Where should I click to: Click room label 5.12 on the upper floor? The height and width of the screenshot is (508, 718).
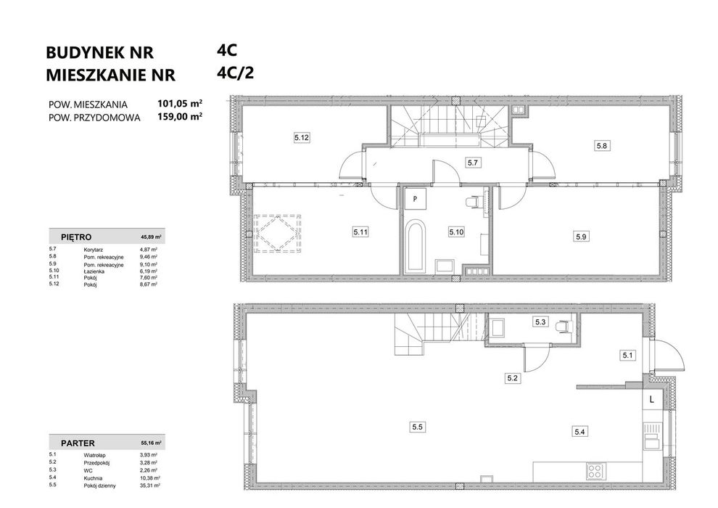pos(302,137)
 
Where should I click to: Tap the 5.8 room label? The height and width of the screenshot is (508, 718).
pos(601,146)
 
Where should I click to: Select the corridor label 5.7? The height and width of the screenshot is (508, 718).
pos(473,162)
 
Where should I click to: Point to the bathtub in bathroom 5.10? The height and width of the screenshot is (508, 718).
pos(416,247)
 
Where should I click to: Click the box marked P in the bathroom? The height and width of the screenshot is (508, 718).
pos(415,199)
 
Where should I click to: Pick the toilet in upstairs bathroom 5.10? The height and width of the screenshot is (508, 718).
pos(474,202)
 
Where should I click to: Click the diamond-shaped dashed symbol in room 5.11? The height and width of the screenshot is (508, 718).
pos(278,233)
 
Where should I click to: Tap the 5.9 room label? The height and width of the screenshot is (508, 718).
pos(581,237)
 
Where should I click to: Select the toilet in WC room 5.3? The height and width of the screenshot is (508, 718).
pos(564,327)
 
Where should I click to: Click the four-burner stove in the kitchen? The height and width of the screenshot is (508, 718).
pos(595,472)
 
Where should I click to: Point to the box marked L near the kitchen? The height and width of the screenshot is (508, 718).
pos(651,399)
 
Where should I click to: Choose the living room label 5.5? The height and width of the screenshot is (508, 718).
pos(417,427)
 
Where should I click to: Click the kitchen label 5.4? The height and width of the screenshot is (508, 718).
pos(579,432)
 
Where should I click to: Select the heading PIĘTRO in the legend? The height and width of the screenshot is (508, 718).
pos(76,237)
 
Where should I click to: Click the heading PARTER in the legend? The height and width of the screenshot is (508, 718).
pos(78,443)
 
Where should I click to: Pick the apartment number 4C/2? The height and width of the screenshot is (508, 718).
pos(236,73)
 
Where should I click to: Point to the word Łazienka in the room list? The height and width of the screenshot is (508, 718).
pos(94,271)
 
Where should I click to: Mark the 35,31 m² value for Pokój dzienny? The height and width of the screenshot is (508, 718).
pos(149,486)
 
